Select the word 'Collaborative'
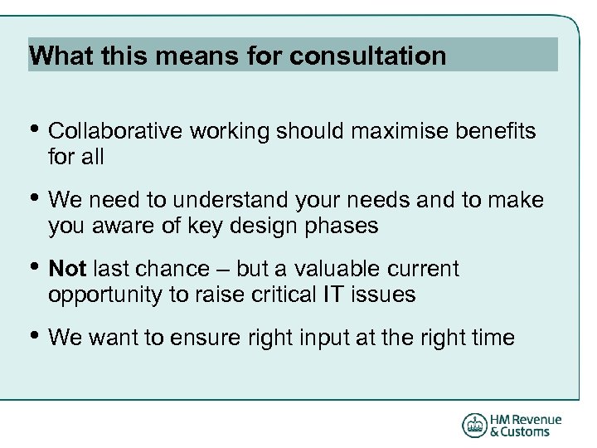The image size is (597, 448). (x=116, y=132)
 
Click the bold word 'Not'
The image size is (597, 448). (x=68, y=270)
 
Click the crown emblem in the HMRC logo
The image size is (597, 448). (x=474, y=426)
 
